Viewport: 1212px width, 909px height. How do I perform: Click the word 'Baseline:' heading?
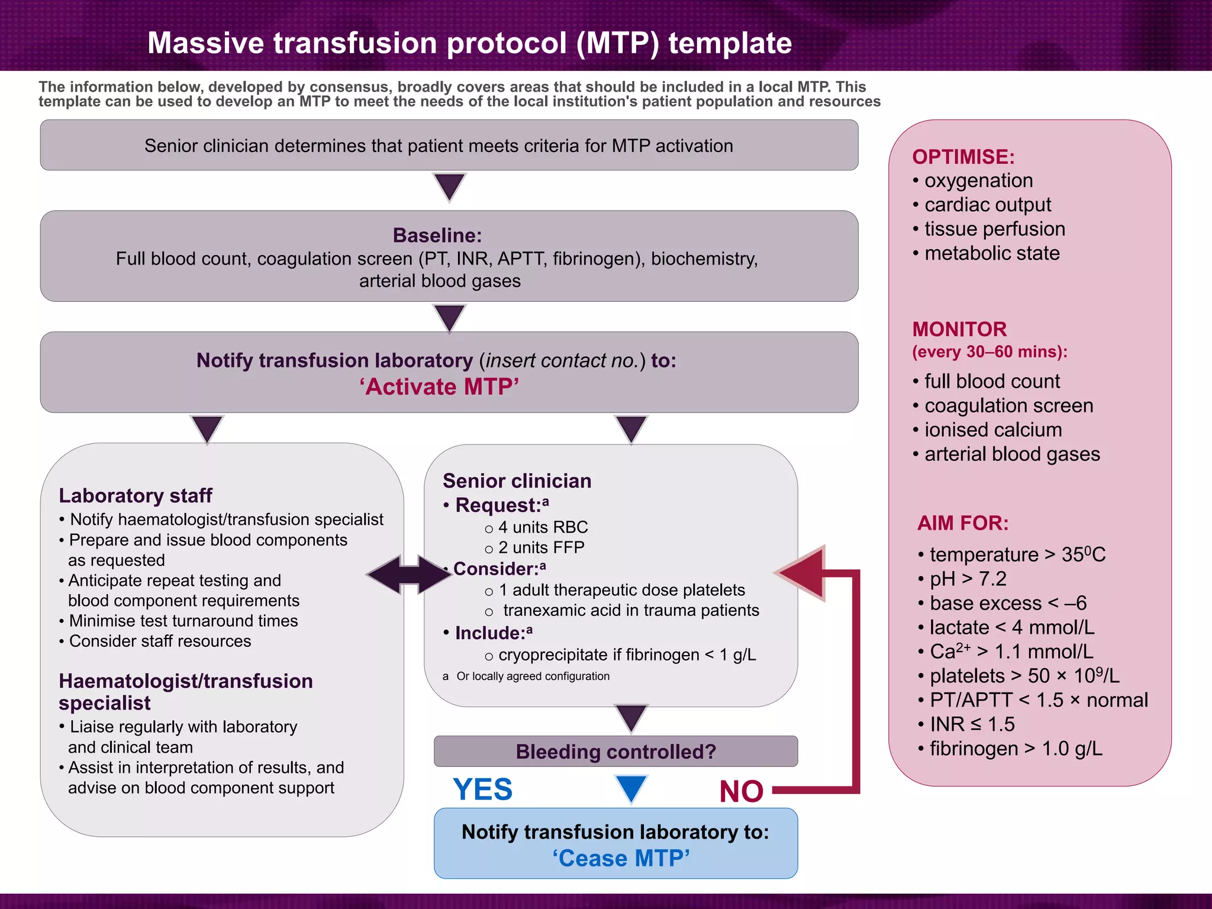pyautogui.click(x=437, y=236)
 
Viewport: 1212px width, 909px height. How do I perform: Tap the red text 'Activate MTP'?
pyautogui.click(x=439, y=387)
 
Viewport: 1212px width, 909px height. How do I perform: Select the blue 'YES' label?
pyautogui.click(x=482, y=789)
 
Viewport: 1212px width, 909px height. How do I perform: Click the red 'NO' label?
pyautogui.click(x=741, y=792)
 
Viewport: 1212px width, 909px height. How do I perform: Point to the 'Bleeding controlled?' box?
pyautogui.click(x=615, y=752)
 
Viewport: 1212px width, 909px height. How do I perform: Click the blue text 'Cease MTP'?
pyautogui.click(x=621, y=859)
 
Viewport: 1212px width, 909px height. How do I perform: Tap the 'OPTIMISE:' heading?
pyautogui.click(x=963, y=157)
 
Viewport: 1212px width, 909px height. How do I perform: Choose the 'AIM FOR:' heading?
pyautogui.click(x=962, y=523)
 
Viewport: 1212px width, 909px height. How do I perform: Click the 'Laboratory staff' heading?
pyautogui.click(x=136, y=495)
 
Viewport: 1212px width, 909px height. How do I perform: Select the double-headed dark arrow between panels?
pyautogui.click(x=409, y=574)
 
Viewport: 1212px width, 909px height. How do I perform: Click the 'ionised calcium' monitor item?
pyautogui.click(x=992, y=430)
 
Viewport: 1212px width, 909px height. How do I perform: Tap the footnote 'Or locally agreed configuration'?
pyautogui.click(x=532, y=676)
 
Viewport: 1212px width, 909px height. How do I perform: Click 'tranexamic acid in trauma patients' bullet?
pyautogui.click(x=630, y=611)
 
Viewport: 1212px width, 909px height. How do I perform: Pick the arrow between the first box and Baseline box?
pyautogui.click(x=449, y=187)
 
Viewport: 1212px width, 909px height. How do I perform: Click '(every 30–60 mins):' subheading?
pyautogui.click(x=989, y=352)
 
